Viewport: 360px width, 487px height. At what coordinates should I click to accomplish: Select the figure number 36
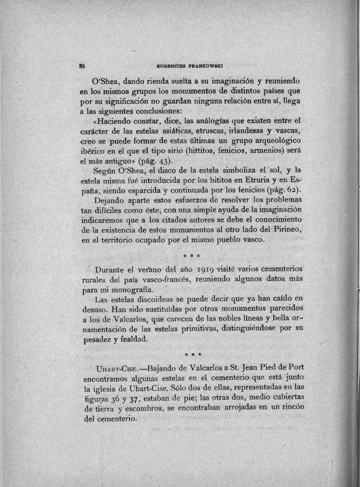(111, 398)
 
